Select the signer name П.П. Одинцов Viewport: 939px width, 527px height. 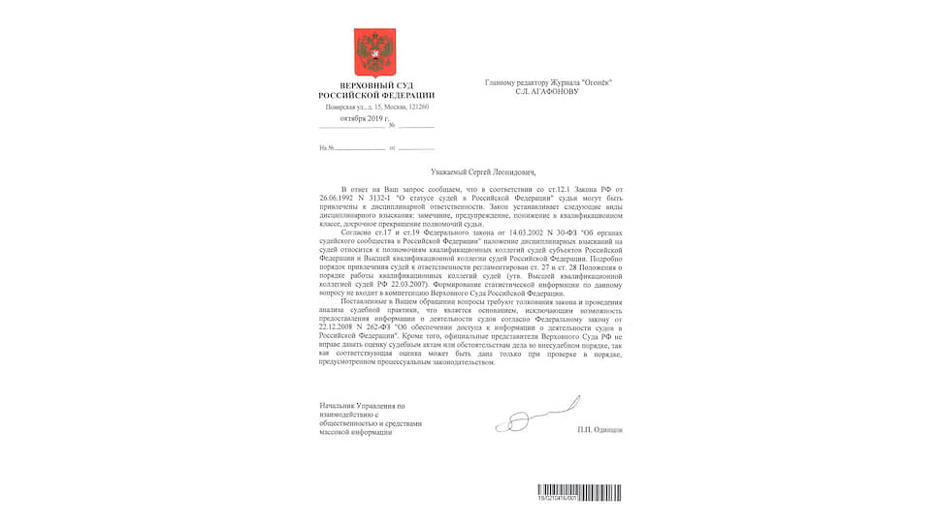click(x=599, y=429)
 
